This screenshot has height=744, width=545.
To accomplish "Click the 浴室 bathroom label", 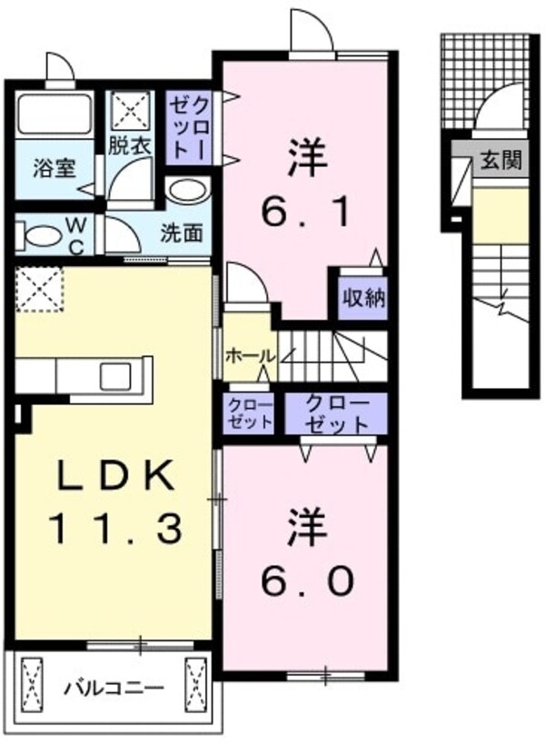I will (x=48, y=168).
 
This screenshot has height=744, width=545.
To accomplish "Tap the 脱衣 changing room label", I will (x=131, y=145).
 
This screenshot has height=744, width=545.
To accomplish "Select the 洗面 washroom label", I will (x=182, y=233).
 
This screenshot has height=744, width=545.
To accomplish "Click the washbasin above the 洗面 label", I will (x=187, y=191).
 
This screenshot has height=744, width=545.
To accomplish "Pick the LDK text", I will (x=114, y=474).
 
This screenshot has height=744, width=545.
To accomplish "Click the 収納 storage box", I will (x=362, y=295).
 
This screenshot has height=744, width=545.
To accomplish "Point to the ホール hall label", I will (x=248, y=354).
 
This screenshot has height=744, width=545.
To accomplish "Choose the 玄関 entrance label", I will (x=500, y=162).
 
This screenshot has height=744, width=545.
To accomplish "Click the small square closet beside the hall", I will (x=249, y=413).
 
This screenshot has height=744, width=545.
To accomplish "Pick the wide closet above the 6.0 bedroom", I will (x=336, y=413).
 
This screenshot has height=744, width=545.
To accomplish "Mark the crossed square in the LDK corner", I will (x=38, y=288).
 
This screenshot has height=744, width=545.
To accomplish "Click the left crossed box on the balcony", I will (x=33, y=682).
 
